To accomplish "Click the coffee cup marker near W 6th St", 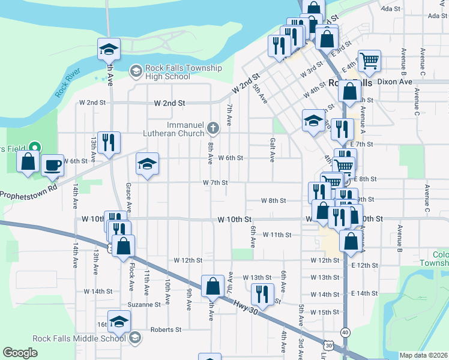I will pyautogui.click(x=52, y=164).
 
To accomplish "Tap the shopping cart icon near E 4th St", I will pyautogui.click(x=369, y=60).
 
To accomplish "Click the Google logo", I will pyautogui.click(x=20, y=353).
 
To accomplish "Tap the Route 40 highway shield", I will pyautogui.click(x=345, y=332).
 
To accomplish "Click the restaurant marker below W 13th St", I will pyautogui.click(x=261, y=293).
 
